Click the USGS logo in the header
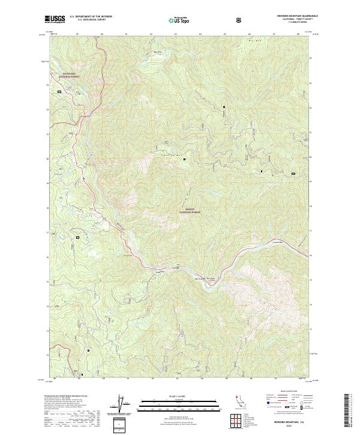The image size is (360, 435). [x=55, y=20]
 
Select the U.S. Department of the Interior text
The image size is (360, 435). [x=91, y=17]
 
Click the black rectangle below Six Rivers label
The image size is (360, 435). [x=59, y=92]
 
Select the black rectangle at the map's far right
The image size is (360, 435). [x=293, y=173]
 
